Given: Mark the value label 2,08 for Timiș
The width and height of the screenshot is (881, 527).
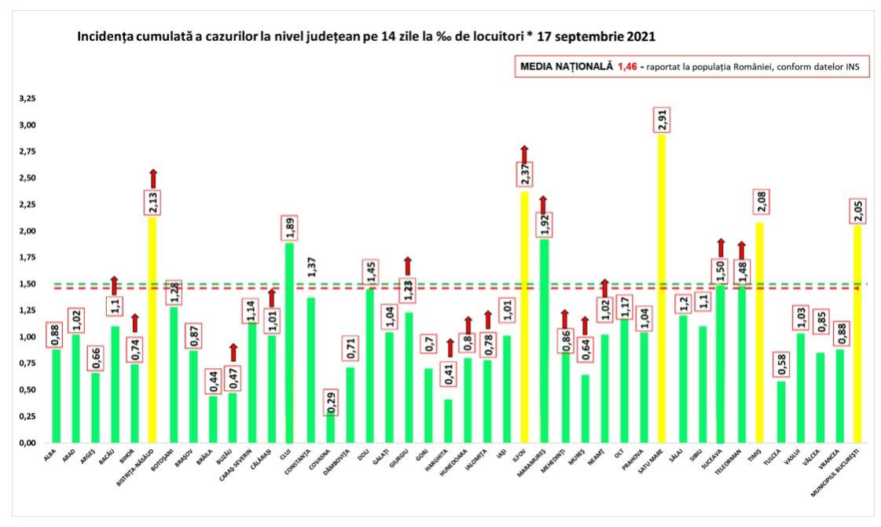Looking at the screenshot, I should coord(760,202).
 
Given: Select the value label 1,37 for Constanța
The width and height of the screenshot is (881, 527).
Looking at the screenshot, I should coord(310,267).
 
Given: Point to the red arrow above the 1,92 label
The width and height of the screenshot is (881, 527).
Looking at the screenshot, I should coord(544,204).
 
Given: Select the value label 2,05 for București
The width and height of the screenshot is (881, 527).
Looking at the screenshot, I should coord(858,211).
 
